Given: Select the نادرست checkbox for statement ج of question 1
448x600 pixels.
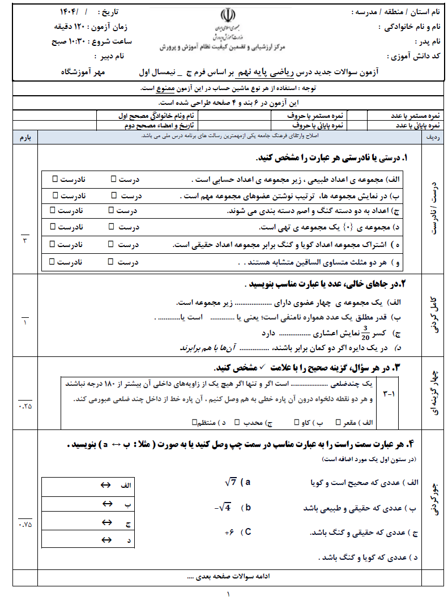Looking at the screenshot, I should coord(53,210).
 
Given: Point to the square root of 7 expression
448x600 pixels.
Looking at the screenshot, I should coord(231,482).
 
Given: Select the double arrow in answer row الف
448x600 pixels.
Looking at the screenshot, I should coord(105,485).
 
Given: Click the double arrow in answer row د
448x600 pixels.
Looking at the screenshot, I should coord(105,541).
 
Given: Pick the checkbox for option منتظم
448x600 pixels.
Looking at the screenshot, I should coord(195,422).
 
